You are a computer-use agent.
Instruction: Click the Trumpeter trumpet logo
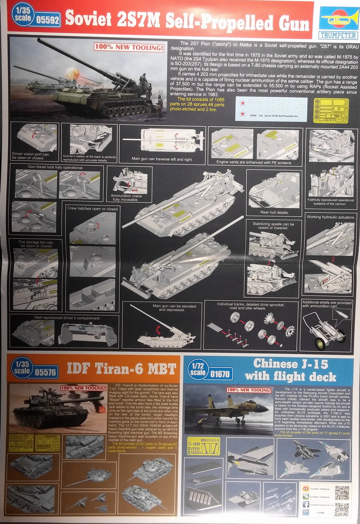(x=336, y=18)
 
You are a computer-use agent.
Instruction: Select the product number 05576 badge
(x=44, y=372)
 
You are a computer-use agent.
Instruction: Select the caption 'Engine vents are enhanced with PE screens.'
(x=254, y=162)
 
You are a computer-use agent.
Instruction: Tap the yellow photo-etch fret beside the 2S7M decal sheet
(x=331, y=110)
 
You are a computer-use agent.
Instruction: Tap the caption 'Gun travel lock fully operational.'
(x=46, y=167)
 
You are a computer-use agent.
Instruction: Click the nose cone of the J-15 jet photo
(x=267, y=408)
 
